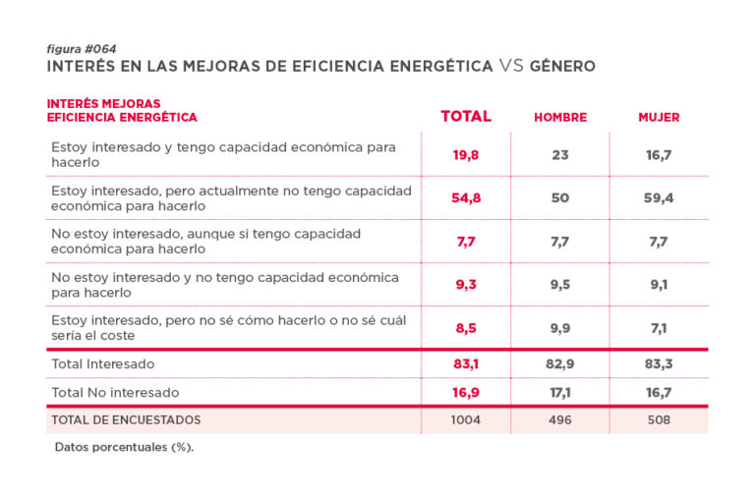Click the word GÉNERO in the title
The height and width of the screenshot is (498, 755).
[x=562, y=67]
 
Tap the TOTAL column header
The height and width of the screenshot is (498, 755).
[x=466, y=116]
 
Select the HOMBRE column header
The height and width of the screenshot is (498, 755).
[x=560, y=117]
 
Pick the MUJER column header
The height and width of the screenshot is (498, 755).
[x=659, y=117]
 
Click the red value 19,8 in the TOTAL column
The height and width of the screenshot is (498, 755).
[x=466, y=155]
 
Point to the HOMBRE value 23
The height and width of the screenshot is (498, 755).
[x=560, y=155]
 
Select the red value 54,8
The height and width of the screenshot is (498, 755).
[x=466, y=198]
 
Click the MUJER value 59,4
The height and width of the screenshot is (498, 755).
[x=659, y=198]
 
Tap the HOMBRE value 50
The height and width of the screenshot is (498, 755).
[x=560, y=198]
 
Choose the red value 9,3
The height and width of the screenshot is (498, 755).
[x=466, y=285]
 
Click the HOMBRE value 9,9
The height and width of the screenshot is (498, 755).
[x=560, y=328]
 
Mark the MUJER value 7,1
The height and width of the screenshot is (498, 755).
[x=659, y=328]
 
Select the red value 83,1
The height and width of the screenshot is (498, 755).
[x=466, y=364]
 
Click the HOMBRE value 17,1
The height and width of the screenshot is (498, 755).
[x=560, y=392]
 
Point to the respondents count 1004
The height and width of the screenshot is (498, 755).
[x=466, y=420]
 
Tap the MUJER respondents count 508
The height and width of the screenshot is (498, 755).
[x=659, y=420]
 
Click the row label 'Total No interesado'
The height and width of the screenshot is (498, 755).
[x=115, y=392]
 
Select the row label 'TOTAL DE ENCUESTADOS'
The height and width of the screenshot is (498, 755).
[x=126, y=420]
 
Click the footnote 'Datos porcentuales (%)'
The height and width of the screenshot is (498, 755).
[x=124, y=447]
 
